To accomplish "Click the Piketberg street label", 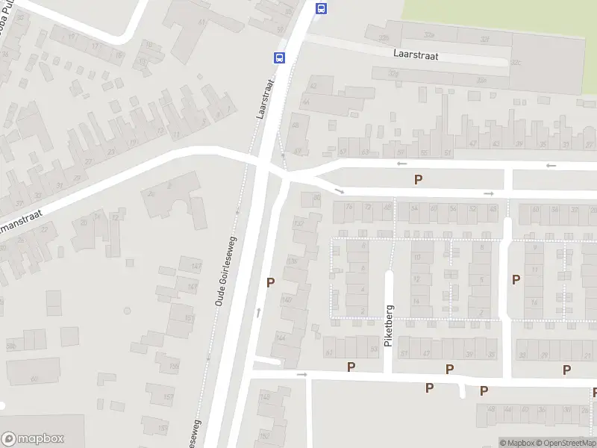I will [388, 326].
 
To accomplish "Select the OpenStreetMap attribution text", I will [565, 443].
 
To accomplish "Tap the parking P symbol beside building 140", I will [270, 282].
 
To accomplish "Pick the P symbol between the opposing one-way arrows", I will [418, 179].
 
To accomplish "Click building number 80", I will [316, 198].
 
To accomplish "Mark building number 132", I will [298, 223].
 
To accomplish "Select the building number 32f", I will [484, 40].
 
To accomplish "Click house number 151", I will [190, 318].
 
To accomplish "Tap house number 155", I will [174, 367].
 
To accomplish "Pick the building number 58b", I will [10, 346].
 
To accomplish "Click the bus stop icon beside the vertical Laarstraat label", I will [279, 57].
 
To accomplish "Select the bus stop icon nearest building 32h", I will [321, 8].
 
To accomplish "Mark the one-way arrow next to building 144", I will [259, 312].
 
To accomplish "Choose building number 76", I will [349, 208].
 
